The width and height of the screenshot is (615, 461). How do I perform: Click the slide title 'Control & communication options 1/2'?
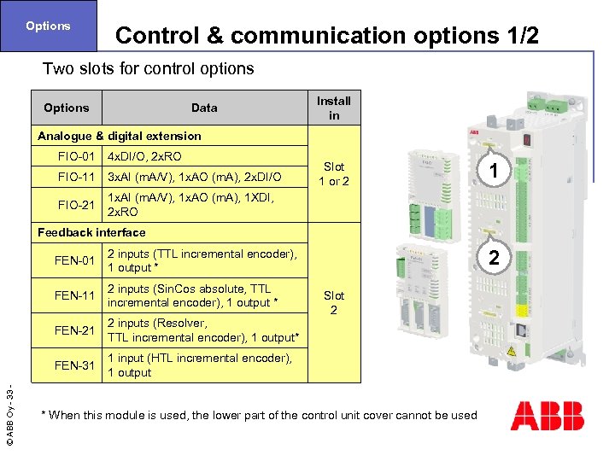point(327,36)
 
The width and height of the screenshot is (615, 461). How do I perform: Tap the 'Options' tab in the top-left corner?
point(48,26)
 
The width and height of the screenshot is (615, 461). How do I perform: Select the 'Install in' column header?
point(333,108)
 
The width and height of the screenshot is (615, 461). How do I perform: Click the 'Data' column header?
point(204,108)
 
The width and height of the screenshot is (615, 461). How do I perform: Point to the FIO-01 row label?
point(76,157)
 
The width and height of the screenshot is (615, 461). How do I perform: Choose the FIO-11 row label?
point(76,177)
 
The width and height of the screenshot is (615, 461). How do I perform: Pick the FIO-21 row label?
point(76,205)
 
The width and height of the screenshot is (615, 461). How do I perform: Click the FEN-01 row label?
point(76,260)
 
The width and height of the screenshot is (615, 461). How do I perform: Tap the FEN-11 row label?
point(76,295)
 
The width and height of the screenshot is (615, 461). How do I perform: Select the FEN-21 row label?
point(76,330)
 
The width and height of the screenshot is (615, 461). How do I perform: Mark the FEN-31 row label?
point(76,365)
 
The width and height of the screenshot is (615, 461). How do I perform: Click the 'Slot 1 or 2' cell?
point(333,174)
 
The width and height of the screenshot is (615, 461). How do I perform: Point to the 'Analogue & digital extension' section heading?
point(120,136)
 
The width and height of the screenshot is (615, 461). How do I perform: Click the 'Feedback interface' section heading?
point(91,232)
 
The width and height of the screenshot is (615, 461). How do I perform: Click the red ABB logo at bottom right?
point(548,415)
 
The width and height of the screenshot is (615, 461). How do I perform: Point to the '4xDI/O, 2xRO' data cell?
point(144,157)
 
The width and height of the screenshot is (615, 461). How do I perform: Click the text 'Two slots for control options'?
point(148,68)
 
